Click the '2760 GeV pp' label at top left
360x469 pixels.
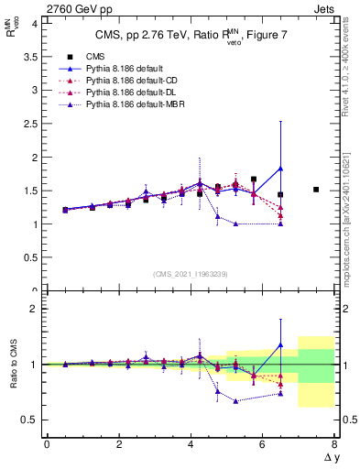pos(38,8)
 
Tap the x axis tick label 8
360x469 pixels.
pos(334,444)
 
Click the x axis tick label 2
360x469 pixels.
pos(119,444)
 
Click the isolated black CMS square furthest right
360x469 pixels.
pos(316,190)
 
